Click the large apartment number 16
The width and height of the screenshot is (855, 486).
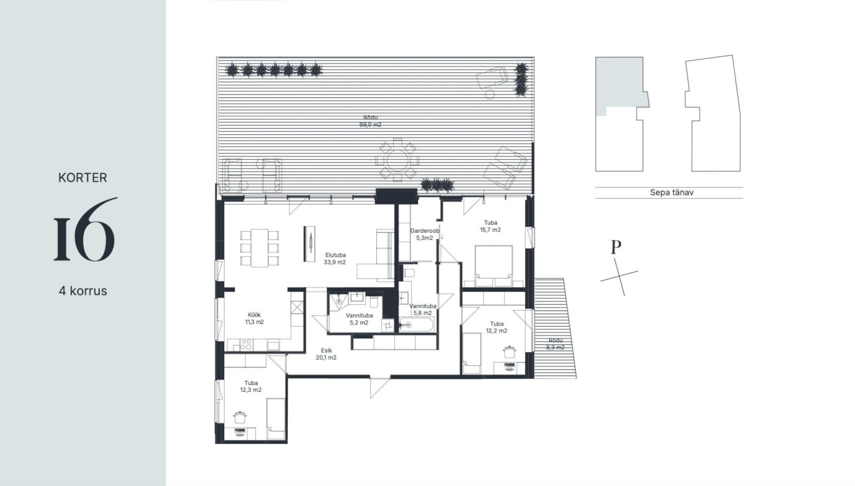pos(84,229)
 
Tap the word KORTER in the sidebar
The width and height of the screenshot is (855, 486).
pos(83,177)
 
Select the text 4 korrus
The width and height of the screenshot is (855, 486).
pos(83,291)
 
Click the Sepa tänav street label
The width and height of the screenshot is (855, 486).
pos(672,192)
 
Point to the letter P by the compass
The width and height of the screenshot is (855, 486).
pos(616,247)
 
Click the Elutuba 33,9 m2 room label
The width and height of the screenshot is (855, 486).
pos(335,259)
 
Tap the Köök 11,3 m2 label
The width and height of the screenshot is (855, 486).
pos(254,318)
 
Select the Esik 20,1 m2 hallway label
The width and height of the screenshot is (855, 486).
pos(326,354)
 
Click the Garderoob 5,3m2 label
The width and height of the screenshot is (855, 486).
pos(424,234)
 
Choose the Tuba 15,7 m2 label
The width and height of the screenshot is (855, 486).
pos(490,226)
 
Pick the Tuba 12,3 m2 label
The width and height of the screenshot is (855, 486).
pos(251,386)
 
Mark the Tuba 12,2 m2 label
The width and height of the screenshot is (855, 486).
pos(496,327)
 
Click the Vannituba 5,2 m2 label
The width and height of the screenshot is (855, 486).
pos(359,319)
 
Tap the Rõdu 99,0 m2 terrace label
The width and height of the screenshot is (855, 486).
pos(370,121)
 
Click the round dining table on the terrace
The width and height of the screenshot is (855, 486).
pos(397,160)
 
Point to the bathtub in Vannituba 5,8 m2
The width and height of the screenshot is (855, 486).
pos(416,325)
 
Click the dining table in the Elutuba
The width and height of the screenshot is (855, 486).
pos(260,248)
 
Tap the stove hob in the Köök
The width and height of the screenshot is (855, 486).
pos(246,344)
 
